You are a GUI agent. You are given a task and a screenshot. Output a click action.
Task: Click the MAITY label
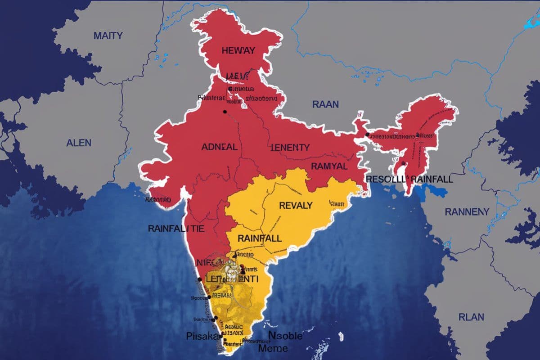click(x=108, y=36)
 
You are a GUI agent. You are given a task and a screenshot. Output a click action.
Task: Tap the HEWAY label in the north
click(x=238, y=51)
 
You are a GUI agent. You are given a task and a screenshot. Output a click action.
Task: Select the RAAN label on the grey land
click(x=325, y=104)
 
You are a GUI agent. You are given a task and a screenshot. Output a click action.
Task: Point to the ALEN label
click(x=79, y=143)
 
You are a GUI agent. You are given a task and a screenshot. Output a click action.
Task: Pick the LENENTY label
click(x=290, y=148)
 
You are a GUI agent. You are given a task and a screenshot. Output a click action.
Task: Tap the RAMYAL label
click(x=329, y=166)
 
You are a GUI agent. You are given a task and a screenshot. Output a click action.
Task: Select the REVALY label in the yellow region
click(x=296, y=206)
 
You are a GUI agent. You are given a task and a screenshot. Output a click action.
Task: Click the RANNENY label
click(x=467, y=211)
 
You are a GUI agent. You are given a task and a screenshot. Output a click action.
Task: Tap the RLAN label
click(x=471, y=317)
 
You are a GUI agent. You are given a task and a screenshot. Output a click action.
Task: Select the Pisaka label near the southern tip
click(x=202, y=336)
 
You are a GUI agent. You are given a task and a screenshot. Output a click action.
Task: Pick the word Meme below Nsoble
click(x=273, y=348)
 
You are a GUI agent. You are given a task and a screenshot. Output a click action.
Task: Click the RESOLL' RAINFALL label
click(x=409, y=179)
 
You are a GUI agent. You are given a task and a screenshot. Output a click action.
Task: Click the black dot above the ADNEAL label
click(x=225, y=111)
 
